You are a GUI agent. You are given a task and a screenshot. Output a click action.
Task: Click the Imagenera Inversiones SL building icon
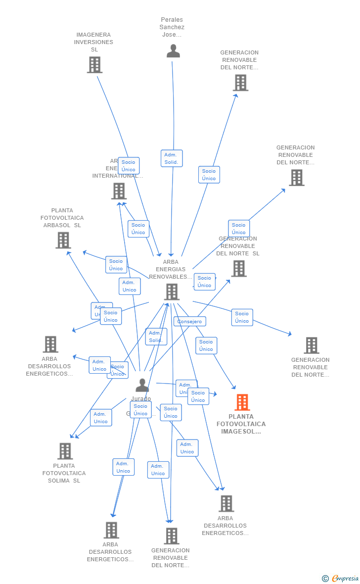[94, 65]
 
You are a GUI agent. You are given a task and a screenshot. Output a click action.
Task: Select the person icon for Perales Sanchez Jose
[173, 51]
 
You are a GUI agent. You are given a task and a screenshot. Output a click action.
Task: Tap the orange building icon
[242, 402]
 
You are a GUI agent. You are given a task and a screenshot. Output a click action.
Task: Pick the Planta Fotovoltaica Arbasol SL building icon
[63, 240]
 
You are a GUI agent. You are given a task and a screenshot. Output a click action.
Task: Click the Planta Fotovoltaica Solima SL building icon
[65, 451]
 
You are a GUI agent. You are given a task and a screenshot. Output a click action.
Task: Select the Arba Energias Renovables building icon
[172, 292]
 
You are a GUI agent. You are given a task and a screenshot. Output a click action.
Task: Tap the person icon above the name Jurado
[142, 385]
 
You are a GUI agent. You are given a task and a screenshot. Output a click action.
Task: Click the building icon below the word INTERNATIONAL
[119, 191]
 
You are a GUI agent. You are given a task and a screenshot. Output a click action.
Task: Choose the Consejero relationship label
[190, 322]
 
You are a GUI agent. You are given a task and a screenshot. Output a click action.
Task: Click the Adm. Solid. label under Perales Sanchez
[172, 158]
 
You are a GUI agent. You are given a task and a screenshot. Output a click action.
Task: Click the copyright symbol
[325, 578]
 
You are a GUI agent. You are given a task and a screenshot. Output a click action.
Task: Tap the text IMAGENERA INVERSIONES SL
[93, 42]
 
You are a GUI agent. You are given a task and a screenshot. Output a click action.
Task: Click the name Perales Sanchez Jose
[172, 27]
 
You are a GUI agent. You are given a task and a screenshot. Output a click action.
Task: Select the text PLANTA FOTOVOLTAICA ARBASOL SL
[62, 218]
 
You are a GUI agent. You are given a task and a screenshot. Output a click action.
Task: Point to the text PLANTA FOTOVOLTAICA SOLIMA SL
[64, 473]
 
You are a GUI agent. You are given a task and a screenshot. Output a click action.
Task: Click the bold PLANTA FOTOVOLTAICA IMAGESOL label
[241, 424]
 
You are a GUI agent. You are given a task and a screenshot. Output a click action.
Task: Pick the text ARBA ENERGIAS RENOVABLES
[171, 269]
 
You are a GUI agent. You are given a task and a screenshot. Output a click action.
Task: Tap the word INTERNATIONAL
[118, 176]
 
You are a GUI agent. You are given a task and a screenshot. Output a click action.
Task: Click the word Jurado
[141, 399]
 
